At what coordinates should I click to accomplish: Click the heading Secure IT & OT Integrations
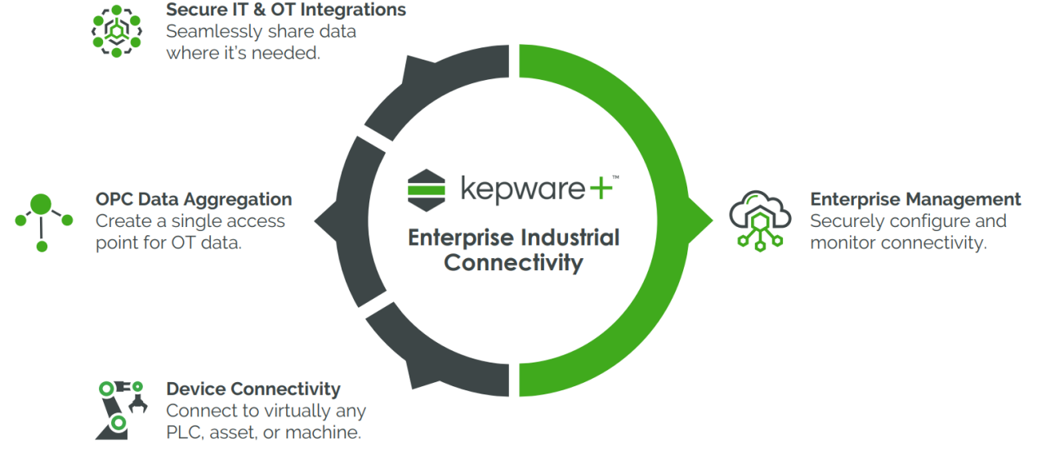pyautogui.click(x=286, y=11)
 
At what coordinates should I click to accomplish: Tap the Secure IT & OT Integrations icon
pyautogui.click(x=116, y=31)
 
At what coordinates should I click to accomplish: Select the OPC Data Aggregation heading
pyautogui.click(x=194, y=199)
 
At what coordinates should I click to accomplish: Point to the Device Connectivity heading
pyautogui.click(x=253, y=389)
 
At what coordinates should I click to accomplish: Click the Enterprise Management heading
pyautogui.click(x=915, y=199)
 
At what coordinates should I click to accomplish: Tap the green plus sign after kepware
pyautogui.click(x=600, y=189)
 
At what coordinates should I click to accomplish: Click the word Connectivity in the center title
pyautogui.click(x=513, y=263)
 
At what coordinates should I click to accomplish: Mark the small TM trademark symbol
pyautogui.click(x=616, y=177)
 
